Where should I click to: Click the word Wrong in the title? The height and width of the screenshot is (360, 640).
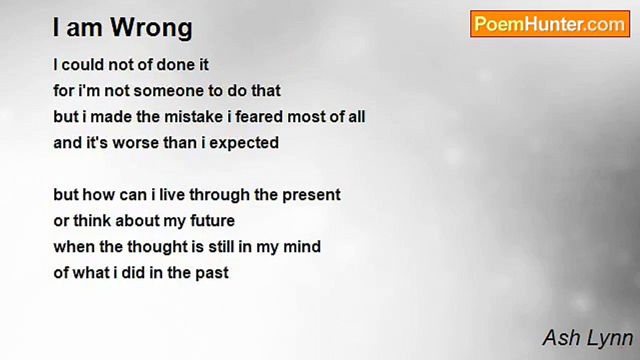point(151,28)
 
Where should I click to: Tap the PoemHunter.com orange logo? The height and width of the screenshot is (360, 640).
point(550,24)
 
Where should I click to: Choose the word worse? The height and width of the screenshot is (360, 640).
point(135,143)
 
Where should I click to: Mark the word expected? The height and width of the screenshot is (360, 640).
point(244,143)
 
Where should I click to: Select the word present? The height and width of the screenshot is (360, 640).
point(311,195)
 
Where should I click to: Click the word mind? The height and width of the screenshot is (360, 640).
point(302,247)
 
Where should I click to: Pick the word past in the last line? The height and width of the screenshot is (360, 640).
point(212,273)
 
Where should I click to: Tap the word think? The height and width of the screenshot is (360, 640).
point(92,221)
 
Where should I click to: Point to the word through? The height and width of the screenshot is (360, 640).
point(219,195)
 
